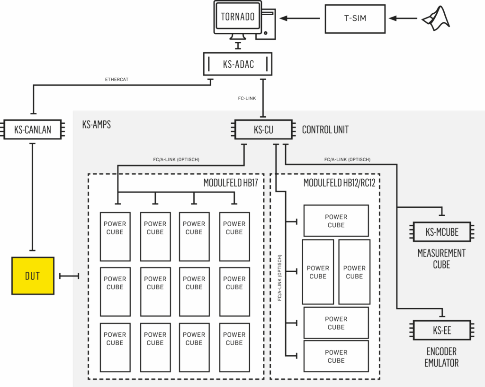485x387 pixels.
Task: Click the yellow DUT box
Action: pyautogui.click(x=33, y=276)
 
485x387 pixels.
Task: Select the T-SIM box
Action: pyautogui.click(x=355, y=18)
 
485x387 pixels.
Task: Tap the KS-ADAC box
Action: pyautogui.click(x=238, y=64)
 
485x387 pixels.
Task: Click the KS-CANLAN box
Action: pyautogui.click(x=33, y=129)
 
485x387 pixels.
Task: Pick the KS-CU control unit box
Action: pyautogui.click(x=263, y=129)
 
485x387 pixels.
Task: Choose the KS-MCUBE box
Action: pyautogui.click(x=442, y=232)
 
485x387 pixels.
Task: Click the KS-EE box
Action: pyautogui.click(x=442, y=331)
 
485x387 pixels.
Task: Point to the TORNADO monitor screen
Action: pyautogui.click(x=238, y=17)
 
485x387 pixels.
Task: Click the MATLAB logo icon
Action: pyautogui.click(x=436, y=18)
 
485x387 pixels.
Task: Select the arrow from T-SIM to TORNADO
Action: pyautogui.click(x=300, y=18)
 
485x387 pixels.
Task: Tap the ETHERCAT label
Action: pyautogui.click(x=117, y=80)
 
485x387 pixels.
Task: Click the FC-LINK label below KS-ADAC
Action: pyautogui.click(x=247, y=99)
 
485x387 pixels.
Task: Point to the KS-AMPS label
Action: pyautogui.click(x=97, y=124)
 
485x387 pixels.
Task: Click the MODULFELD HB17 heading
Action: pyautogui.click(x=231, y=183)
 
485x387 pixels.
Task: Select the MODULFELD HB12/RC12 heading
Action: pyautogui.click(x=339, y=183)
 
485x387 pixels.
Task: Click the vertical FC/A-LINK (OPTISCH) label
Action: pyautogui.click(x=279, y=278)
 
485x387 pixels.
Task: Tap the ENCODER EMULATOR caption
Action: pyautogui.click(x=441, y=357)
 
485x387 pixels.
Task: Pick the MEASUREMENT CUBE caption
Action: pyautogui.click(x=441, y=259)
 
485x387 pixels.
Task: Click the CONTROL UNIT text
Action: pyautogui.click(x=325, y=130)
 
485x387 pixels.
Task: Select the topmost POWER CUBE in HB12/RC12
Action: pyautogui.click(x=336, y=221)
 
